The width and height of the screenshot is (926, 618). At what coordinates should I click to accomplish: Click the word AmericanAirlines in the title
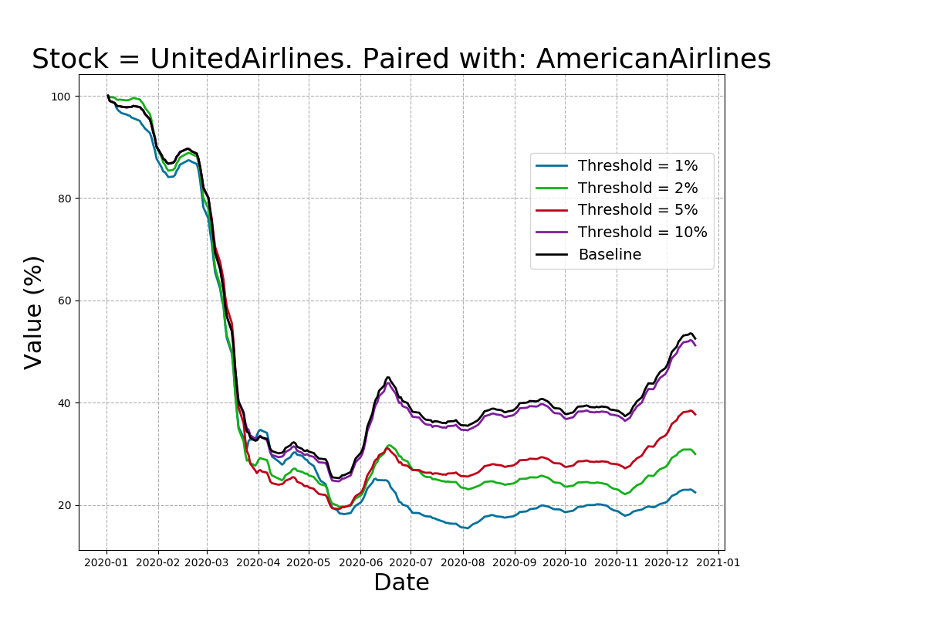[x=653, y=59]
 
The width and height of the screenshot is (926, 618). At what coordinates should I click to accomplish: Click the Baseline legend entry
[x=610, y=255]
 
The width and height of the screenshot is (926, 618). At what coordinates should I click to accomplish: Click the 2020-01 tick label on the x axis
[x=106, y=562]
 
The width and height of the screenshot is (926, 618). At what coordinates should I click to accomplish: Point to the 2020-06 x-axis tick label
[x=360, y=562]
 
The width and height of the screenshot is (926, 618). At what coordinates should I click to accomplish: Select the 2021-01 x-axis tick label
[x=718, y=562]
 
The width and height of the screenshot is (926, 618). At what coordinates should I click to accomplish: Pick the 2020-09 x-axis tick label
[x=514, y=562]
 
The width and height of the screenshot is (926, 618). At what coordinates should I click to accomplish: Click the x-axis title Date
[x=401, y=583]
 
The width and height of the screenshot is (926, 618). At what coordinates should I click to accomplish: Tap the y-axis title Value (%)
[x=34, y=312]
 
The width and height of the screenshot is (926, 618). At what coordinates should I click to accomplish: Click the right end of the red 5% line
[x=695, y=415]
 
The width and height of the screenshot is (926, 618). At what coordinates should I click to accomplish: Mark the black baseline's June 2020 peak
[x=388, y=377]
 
